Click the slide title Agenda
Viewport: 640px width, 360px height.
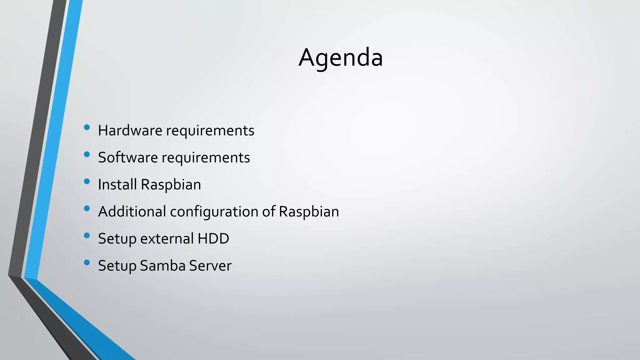point(341,58)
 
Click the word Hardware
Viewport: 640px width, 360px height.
point(130,130)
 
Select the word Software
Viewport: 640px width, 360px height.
point(128,157)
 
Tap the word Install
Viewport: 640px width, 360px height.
point(117,184)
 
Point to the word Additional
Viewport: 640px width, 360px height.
point(132,212)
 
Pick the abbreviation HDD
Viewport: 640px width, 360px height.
point(213,238)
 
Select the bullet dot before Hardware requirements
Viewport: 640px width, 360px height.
point(87,127)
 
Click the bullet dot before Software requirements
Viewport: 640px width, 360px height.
point(87,154)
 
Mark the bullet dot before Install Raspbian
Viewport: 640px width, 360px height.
point(87,181)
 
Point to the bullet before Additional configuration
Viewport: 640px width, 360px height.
point(87,208)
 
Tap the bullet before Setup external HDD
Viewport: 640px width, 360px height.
point(87,235)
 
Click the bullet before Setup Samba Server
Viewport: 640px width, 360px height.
point(87,262)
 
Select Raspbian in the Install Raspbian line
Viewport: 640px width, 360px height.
point(171,185)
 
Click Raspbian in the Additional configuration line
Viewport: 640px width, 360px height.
point(309,212)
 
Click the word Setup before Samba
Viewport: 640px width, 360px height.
point(117,266)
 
